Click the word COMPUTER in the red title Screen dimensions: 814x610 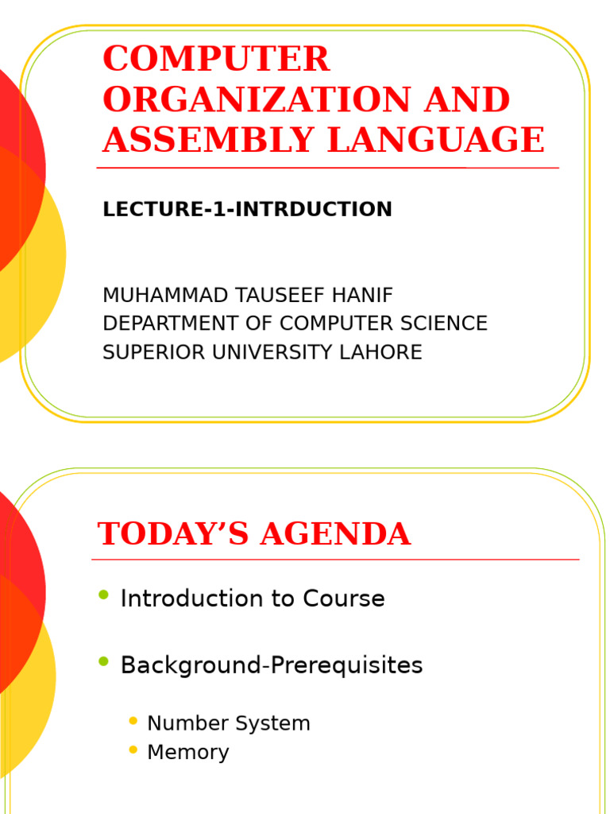point(216,60)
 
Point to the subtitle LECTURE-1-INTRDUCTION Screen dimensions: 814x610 point(247,210)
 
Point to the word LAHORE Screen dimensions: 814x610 point(387,353)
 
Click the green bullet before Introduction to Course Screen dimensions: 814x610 point(103,596)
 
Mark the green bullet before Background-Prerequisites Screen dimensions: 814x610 point(103,662)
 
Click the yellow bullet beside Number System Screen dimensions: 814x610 point(133,722)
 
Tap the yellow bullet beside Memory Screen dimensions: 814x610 point(133,750)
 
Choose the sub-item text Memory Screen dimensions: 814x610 point(188,753)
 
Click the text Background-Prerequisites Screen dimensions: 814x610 point(272,666)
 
